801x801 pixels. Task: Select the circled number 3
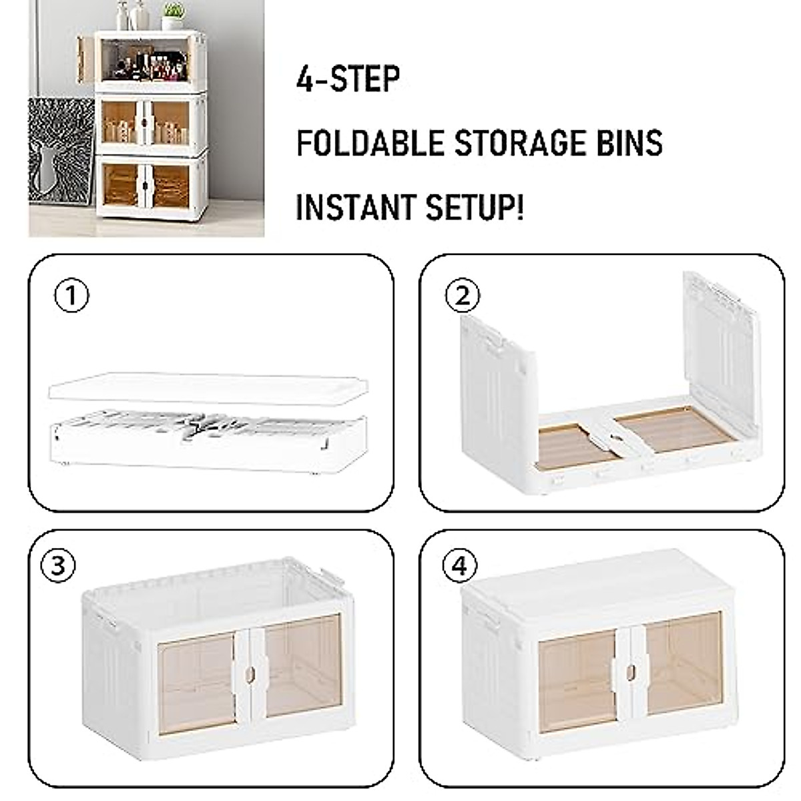(x=58, y=565)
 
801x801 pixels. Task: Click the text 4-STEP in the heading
(x=348, y=79)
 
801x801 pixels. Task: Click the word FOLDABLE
(x=370, y=143)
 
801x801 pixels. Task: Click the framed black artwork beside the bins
(x=60, y=160)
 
